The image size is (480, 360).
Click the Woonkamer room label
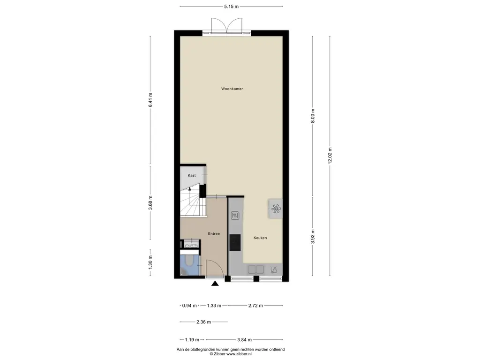[232, 89]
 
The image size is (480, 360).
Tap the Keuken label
[260, 238]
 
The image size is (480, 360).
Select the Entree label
[214, 233]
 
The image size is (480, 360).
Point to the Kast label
[192, 175]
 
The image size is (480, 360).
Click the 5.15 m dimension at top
[232, 6]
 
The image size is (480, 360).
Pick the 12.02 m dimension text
[330, 156]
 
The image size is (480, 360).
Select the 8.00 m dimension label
[313, 116]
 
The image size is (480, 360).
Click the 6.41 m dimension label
[150, 100]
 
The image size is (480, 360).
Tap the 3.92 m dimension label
[313, 237]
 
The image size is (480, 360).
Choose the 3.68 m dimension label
[150, 202]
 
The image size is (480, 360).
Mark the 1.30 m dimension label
[150, 262]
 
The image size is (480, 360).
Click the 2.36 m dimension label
[203, 322]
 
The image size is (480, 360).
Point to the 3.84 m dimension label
[244, 339]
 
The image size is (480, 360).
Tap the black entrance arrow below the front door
[215, 284]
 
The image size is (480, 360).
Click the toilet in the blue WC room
[189, 261]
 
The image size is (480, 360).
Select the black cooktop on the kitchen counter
[235, 242]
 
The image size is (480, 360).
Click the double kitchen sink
[255, 270]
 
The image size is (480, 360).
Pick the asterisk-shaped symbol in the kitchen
[276, 209]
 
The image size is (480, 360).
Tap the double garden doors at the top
[226, 25]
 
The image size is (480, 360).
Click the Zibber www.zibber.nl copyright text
[231, 354]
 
